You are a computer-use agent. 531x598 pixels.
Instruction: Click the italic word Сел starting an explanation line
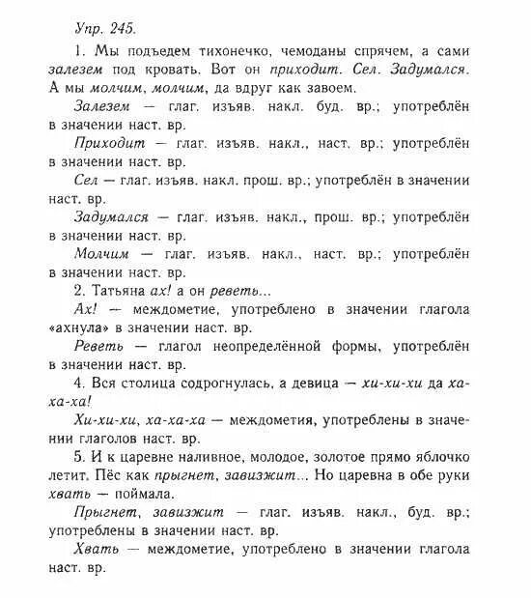click(86, 181)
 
